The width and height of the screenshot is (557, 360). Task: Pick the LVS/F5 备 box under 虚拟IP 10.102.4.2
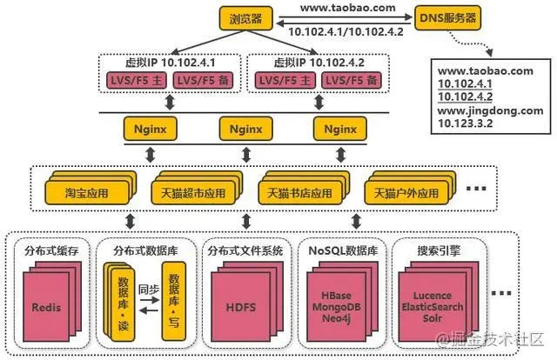[353, 81]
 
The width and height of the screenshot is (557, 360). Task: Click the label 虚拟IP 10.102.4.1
[167, 63]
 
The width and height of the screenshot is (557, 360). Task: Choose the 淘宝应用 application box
[85, 190]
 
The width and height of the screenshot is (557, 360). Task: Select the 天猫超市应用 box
[192, 190]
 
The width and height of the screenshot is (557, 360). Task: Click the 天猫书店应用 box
[299, 190]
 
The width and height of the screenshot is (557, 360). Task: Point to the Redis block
[45, 308]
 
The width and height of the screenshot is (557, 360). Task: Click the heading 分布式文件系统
[245, 250]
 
